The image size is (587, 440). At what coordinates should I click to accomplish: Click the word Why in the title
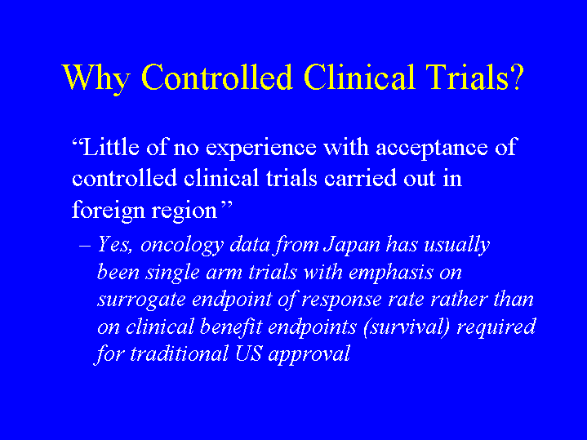[x=96, y=78]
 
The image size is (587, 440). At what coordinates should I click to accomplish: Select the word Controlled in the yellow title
[x=216, y=77]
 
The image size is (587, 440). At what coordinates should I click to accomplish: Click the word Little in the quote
[x=111, y=146]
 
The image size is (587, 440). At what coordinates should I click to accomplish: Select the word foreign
[x=109, y=210]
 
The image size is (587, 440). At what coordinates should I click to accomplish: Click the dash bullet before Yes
[x=85, y=246]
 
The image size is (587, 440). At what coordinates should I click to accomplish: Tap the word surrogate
[x=141, y=300]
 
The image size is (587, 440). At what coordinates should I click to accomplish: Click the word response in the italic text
[x=341, y=300]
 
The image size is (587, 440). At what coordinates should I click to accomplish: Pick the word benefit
[x=231, y=327]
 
